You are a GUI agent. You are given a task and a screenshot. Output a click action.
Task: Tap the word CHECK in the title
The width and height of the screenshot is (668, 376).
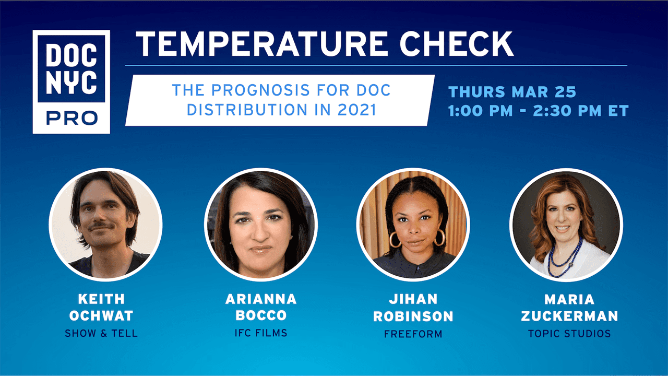pyautogui.click(x=456, y=44)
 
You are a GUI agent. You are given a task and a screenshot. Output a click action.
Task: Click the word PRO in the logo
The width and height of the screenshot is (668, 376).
pyautogui.click(x=71, y=118)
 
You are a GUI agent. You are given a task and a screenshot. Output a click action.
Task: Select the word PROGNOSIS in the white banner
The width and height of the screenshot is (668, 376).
pyautogui.click(x=260, y=90)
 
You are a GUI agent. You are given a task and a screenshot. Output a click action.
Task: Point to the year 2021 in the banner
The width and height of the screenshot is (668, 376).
pyautogui.click(x=357, y=110)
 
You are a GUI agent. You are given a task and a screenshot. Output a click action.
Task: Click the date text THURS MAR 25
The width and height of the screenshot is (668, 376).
pyautogui.click(x=512, y=91)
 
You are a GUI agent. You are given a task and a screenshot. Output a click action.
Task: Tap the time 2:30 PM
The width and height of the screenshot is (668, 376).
pyautogui.click(x=567, y=111)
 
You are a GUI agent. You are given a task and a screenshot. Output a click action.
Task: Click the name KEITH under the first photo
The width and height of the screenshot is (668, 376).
pyautogui.click(x=101, y=299)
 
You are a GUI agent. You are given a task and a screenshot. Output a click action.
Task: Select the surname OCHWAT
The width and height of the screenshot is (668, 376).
pyautogui.click(x=101, y=316)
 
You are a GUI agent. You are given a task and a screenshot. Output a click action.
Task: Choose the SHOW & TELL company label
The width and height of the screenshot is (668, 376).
pyautogui.click(x=101, y=333)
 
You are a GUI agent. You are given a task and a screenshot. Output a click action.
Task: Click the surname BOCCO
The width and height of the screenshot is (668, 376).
pyautogui.click(x=261, y=315)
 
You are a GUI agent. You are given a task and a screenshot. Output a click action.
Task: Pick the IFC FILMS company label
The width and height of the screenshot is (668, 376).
pyautogui.click(x=261, y=333)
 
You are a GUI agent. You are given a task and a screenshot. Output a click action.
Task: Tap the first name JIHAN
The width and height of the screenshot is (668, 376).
pyautogui.click(x=413, y=299)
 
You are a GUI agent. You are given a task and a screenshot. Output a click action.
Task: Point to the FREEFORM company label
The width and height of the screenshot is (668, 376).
pyautogui.click(x=413, y=334)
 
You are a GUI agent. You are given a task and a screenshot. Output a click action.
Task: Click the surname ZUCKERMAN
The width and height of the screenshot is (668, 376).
pyautogui.click(x=569, y=316)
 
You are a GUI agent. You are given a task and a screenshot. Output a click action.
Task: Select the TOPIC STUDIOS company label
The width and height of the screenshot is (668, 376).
pyautogui.click(x=569, y=333)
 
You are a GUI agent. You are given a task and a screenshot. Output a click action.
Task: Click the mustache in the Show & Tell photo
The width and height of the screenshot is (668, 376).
pyautogui.click(x=101, y=226)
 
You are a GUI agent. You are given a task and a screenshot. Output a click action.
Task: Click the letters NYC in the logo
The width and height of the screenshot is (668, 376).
pyautogui.click(x=71, y=83)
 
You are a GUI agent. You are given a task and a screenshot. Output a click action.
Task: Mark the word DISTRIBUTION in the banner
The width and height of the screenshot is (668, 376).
pyautogui.click(x=247, y=110)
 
